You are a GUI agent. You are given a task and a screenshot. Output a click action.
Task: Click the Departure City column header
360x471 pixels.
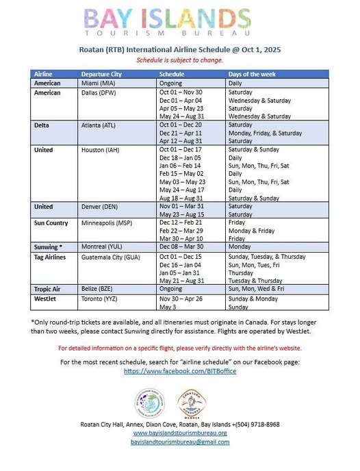[x=103, y=73]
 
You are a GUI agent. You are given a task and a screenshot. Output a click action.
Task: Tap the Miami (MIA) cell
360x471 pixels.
[x=99, y=82]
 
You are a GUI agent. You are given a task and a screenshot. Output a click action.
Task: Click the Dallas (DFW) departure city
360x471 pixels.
[x=101, y=92]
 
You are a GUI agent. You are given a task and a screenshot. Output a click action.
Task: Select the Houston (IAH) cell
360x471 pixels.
[x=101, y=149]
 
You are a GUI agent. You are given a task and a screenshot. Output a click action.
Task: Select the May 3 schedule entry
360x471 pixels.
[x=168, y=308]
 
